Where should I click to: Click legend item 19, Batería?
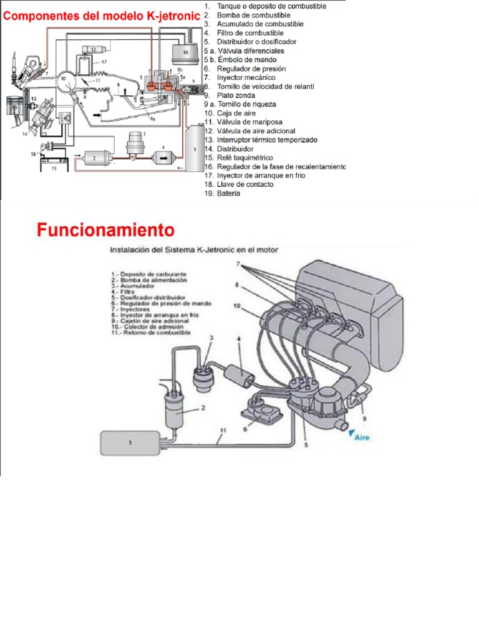(x=229, y=194)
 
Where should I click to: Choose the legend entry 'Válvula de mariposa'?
(x=249, y=122)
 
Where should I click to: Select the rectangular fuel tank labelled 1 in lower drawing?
(x=130, y=443)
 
